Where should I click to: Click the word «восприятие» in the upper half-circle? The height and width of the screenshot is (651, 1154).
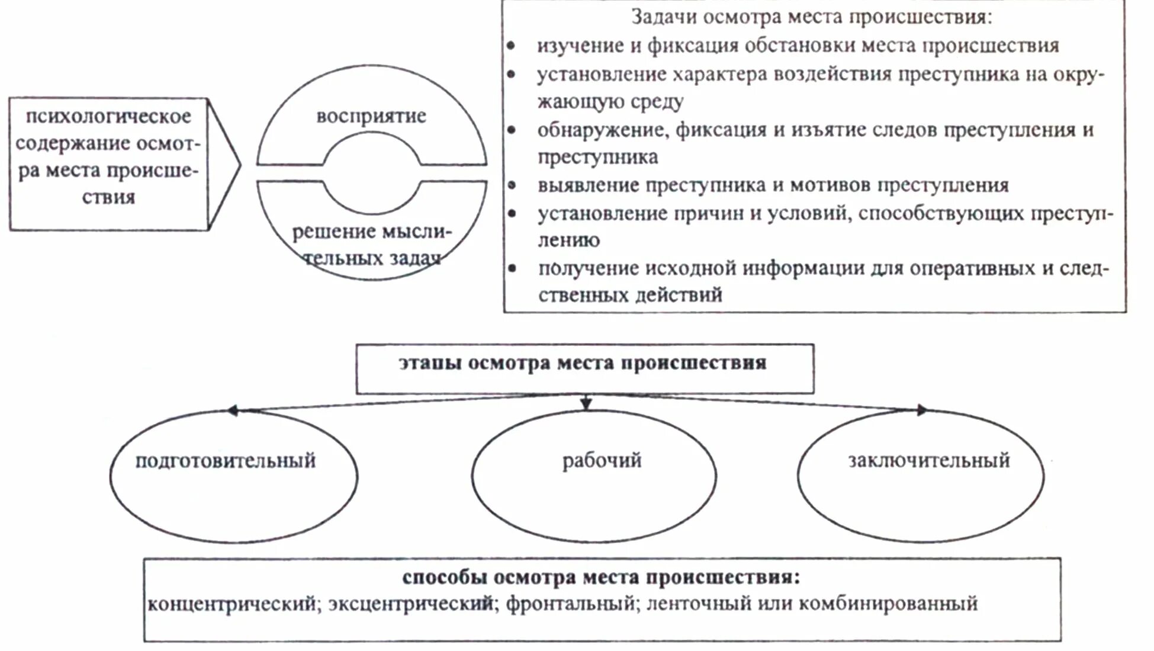pyautogui.click(x=371, y=116)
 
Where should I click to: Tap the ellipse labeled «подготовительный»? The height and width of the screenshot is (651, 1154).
pyautogui.click(x=233, y=476)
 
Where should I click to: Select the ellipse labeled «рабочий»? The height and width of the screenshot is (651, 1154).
pyautogui.click(x=594, y=476)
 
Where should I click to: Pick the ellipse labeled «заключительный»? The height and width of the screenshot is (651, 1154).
pyautogui.click(x=921, y=476)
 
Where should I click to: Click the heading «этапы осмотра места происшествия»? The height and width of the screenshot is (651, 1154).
pyautogui.click(x=583, y=363)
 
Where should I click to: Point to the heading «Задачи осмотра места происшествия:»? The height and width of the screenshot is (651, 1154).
pyautogui.click(x=812, y=17)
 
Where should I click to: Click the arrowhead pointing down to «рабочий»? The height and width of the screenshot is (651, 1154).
pyautogui.click(x=586, y=405)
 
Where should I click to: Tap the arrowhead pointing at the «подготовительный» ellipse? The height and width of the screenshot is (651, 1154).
pyautogui.click(x=233, y=410)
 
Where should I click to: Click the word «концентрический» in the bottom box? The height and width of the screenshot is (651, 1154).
pyautogui.click(x=232, y=604)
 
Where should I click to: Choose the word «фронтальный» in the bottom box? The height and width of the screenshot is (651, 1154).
pyautogui.click(x=570, y=604)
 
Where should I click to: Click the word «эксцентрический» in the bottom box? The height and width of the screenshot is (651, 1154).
pyautogui.click(x=411, y=604)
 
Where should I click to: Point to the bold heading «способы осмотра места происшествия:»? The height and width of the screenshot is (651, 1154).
pyautogui.click(x=601, y=577)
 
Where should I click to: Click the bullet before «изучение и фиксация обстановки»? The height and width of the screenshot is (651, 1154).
pyautogui.click(x=511, y=46)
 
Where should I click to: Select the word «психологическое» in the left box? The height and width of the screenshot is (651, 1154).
pyautogui.click(x=108, y=116)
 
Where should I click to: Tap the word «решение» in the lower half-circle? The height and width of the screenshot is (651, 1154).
pyautogui.click(x=326, y=232)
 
